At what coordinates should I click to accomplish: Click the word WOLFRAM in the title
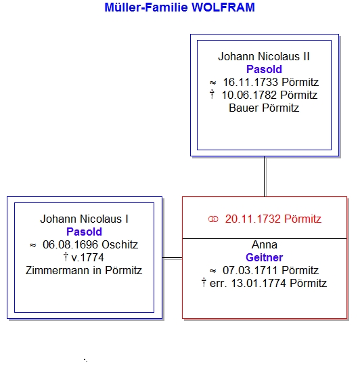(x=223, y=7)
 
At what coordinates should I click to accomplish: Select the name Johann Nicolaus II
(x=264, y=57)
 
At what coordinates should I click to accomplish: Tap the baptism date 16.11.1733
(x=250, y=83)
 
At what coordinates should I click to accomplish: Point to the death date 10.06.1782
(x=249, y=95)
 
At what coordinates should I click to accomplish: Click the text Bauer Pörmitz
(x=264, y=108)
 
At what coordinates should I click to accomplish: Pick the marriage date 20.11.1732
(x=253, y=219)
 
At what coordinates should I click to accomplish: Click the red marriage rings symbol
(x=213, y=219)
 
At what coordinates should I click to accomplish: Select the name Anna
(x=265, y=245)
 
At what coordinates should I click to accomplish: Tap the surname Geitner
(x=264, y=258)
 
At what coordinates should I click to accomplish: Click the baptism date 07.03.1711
(x=250, y=271)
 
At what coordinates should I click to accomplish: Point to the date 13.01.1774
(x=258, y=284)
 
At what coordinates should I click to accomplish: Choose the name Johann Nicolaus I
(x=84, y=219)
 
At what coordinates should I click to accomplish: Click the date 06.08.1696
(x=70, y=245)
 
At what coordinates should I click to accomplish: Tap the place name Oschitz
(x=120, y=245)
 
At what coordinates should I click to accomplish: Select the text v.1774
(x=87, y=258)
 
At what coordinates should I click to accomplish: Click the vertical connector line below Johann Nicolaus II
(x=265, y=176)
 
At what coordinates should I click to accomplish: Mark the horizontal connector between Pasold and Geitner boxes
(x=172, y=258)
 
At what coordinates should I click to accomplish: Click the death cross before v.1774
(x=66, y=257)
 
